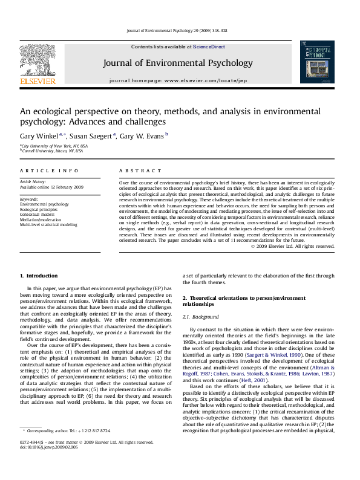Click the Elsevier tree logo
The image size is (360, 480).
38,60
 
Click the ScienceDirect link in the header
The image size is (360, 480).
208,47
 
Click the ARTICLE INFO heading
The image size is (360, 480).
49,171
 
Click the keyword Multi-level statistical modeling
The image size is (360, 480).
48,224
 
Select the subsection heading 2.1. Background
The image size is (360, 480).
201,317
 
